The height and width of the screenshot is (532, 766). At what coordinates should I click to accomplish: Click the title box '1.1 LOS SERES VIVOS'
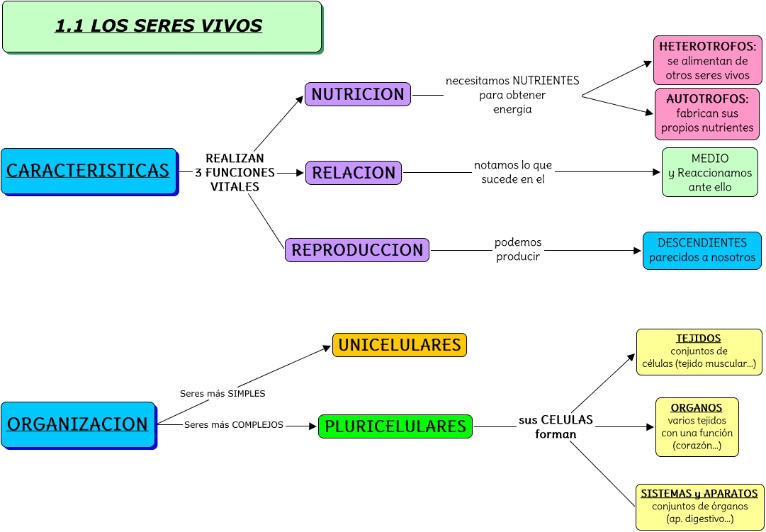[x=162, y=27]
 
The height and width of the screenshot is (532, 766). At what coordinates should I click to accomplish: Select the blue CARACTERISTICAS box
[x=89, y=171]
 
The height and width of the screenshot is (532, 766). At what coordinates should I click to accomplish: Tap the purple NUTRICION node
[x=358, y=94]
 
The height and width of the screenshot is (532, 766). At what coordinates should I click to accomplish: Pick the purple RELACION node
[x=354, y=173]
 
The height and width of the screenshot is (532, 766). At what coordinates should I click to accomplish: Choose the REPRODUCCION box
[x=357, y=250]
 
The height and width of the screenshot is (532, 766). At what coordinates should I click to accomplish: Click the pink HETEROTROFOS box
[x=707, y=60]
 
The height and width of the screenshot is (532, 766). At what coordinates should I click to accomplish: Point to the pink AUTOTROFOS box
[x=707, y=113]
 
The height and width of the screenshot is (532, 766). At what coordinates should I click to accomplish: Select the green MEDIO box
[x=709, y=172]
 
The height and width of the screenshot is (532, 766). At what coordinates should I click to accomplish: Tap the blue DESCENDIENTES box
[x=702, y=250]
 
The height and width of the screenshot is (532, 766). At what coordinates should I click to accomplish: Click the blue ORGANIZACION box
[x=78, y=424]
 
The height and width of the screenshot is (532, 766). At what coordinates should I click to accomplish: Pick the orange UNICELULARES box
[x=400, y=345]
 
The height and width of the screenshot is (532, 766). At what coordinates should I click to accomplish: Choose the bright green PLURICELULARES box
[x=395, y=426]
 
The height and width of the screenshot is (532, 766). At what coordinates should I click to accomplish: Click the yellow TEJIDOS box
[x=698, y=351]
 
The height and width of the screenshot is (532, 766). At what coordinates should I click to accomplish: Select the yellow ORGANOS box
[x=697, y=427]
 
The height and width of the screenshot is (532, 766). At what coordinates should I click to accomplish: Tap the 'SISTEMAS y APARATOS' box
[x=699, y=506]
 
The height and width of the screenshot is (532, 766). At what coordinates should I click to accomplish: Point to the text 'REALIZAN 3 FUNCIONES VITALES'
[x=235, y=173]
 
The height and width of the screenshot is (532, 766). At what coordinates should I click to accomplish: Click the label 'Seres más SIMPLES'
[x=223, y=393]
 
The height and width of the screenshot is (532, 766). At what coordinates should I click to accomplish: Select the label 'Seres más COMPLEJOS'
[x=233, y=425]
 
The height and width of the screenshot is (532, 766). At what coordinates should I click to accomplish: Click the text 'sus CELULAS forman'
[x=556, y=427]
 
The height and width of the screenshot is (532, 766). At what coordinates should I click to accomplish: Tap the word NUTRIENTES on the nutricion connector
[x=546, y=81]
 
